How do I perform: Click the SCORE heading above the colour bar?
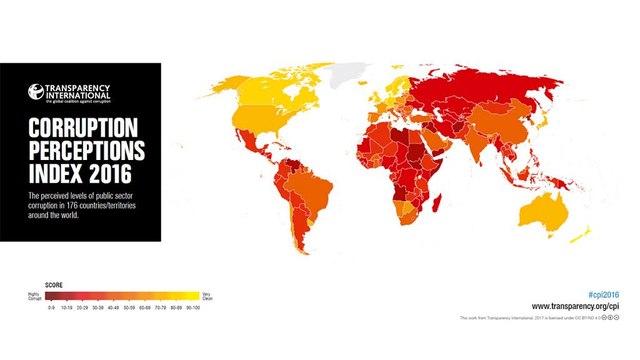[x=56, y=285]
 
